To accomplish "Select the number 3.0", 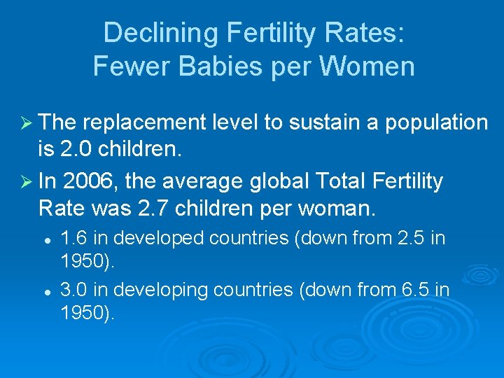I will [x=72, y=288].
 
